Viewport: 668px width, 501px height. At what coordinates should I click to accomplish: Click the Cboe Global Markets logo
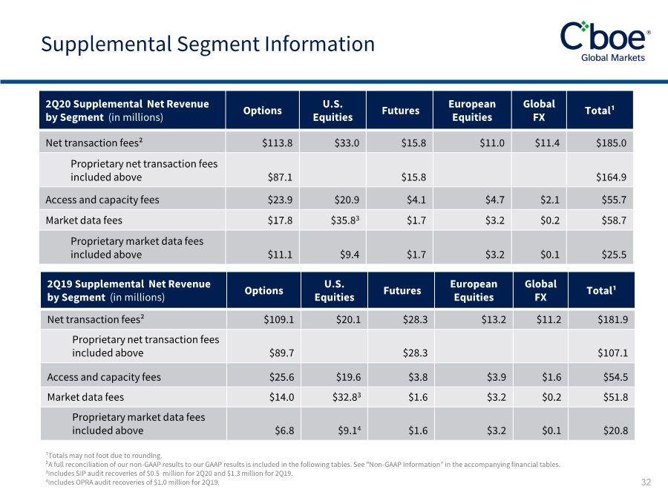606,42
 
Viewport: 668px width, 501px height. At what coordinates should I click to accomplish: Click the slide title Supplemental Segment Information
208,45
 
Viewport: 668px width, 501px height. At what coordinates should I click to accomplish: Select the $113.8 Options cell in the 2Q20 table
278,143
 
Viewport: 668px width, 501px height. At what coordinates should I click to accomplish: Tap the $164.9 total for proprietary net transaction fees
612,177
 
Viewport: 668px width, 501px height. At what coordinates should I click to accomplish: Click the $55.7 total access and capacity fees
614,200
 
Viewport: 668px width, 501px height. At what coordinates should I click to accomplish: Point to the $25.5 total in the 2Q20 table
614,255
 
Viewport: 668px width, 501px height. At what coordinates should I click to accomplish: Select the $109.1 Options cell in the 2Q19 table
279,319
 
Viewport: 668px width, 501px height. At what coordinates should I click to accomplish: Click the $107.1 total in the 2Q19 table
613,353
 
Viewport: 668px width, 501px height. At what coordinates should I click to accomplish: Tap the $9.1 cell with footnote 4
350,430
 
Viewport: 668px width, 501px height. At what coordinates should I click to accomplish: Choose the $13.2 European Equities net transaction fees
494,319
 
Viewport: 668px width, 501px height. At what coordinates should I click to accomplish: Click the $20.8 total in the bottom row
615,430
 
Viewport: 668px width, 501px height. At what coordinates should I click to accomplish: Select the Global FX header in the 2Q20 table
539,111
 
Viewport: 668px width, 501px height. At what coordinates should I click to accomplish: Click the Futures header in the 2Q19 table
402,290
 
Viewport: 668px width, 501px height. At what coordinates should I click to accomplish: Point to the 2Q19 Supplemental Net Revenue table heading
128,290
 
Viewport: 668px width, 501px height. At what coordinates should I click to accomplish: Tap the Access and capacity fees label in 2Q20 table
102,200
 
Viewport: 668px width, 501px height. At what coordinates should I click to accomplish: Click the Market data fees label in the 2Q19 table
85,397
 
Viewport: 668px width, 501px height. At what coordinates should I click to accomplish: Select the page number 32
646,482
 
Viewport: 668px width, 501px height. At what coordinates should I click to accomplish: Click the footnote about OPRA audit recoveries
133,482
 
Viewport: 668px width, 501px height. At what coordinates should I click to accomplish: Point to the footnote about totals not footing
104,456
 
